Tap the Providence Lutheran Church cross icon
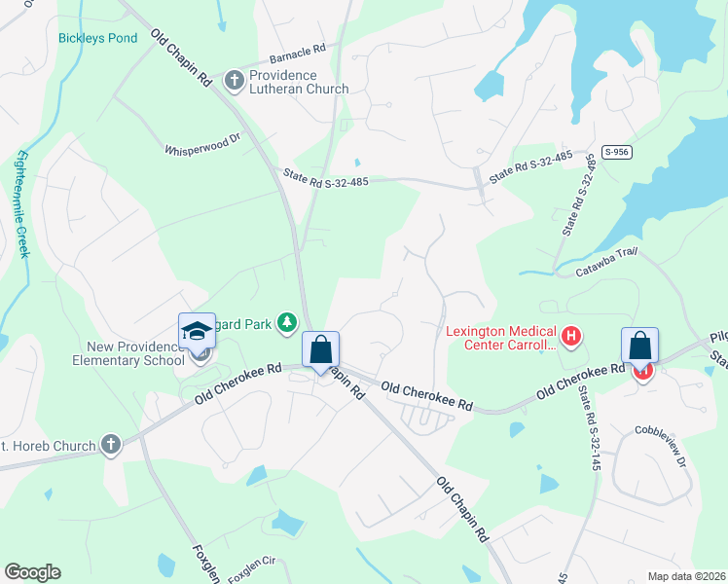point(234,79)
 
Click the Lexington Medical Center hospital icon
point(571,338)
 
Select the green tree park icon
point(287,321)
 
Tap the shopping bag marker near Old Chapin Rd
point(321,349)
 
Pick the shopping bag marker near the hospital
point(639,346)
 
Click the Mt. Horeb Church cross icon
point(111,446)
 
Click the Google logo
point(32,572)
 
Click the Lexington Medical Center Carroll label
point(500,338)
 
